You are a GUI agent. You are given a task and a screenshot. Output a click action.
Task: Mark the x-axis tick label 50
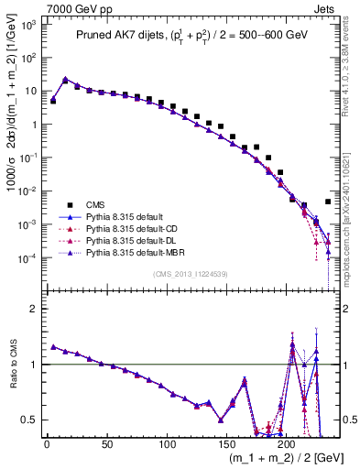(x=106, y=445)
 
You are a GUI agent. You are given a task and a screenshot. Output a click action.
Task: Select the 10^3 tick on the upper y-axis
(x=30, y=25)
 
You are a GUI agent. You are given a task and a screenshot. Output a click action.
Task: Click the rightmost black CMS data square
(x=328, y=202)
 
